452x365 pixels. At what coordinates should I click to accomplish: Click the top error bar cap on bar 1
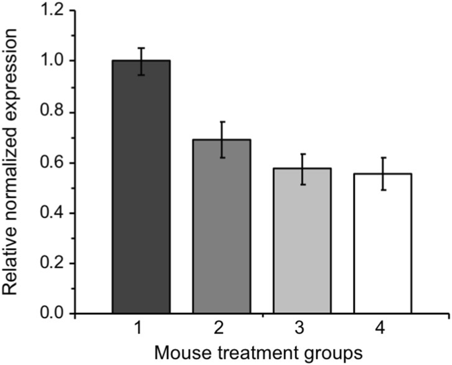[x=141, y=48]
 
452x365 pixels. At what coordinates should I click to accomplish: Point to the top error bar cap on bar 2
[x=222, y=122]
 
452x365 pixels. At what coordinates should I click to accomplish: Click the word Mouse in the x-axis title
[x=178, y=351]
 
